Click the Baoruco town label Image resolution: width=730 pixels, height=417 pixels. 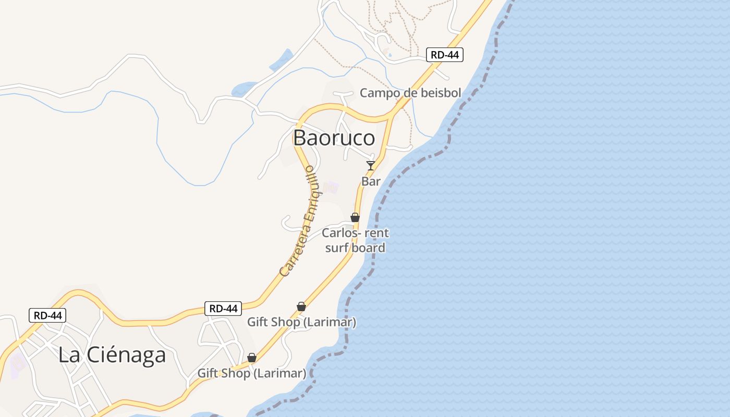(334, 138)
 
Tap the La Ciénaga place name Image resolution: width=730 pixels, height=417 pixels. (112, 355)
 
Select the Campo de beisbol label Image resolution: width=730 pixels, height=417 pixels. (410, 93)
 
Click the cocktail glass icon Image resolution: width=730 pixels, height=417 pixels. (371, 166)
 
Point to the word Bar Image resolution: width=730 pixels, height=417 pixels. (371, 181)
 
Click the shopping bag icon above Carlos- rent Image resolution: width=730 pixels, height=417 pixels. (355, 217)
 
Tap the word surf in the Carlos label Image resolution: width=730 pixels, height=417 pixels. (337, 248)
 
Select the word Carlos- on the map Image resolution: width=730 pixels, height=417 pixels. (341, 233)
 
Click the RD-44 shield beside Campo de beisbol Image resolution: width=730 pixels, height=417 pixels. (445, 54)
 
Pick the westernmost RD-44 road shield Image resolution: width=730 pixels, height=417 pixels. (47, 315)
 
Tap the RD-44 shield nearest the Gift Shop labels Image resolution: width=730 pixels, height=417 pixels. (223, 308)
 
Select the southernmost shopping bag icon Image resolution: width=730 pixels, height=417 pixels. (252, 358)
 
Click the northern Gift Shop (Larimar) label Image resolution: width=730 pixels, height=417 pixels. (301, 322)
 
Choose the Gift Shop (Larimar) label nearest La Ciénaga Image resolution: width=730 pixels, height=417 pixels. (251, 373)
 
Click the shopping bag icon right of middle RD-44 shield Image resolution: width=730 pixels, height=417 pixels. (301, 306)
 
